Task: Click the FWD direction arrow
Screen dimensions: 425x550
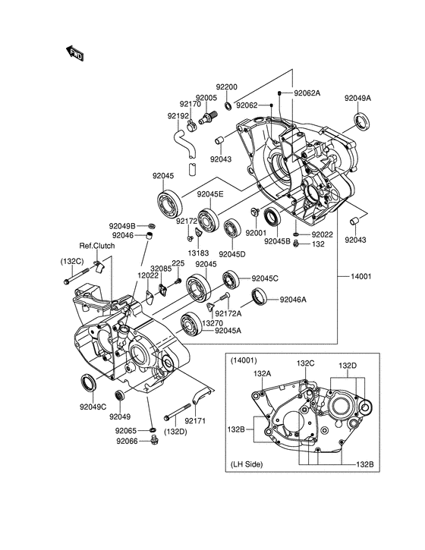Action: [x=74, y=53]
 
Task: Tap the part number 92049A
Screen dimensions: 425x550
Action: [x=357, y=98]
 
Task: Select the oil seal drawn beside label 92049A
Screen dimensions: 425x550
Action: [x=361, y=121]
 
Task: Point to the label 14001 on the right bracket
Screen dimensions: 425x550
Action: [x=360, y=276]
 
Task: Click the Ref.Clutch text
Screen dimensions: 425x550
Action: [x=97, y=246]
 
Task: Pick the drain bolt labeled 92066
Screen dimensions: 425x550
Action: [x=153, y=439]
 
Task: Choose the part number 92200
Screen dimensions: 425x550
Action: [x=226, y=87]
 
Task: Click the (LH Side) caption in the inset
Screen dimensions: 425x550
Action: [x=247, y=464]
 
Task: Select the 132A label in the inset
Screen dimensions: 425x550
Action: [x=262, y=374]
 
